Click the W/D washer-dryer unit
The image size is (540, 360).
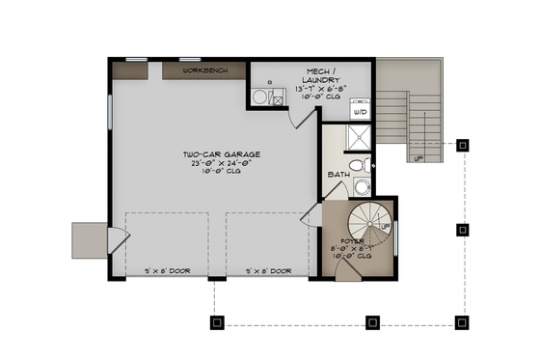pos(360,110)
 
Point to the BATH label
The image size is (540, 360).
pos(337,175)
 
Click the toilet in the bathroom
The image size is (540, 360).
pos(359,167)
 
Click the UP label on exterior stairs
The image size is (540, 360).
pos(418,158)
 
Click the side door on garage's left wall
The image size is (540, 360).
pos(115,237)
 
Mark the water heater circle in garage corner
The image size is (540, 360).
pos(258,97)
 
